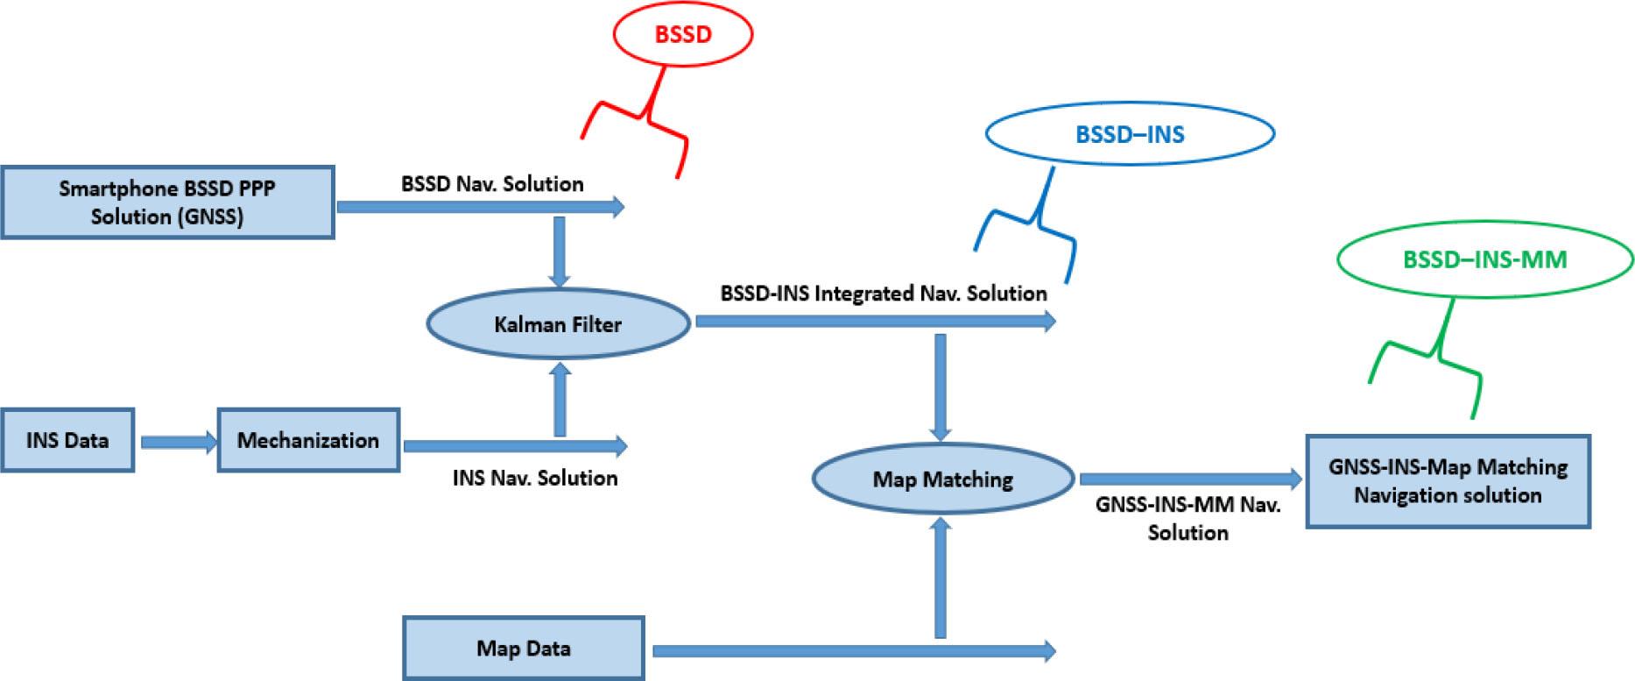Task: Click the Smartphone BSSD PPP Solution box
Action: tap(167, 202)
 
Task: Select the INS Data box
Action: tap(67, 440)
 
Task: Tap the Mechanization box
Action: tap(308, 440)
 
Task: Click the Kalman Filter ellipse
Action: tap(558, 324)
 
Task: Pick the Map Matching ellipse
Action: tap(942, 479)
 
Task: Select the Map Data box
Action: tap(523, 649)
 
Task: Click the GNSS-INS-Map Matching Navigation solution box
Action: tap(1448, 481)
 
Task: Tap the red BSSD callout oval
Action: tap(683, 34)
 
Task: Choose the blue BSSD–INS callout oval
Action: tap(1130, 134)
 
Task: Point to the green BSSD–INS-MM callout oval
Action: tap(1484, 259)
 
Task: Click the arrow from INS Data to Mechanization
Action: tap(178, 442)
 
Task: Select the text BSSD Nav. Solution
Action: tap(492, 184)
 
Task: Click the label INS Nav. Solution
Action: tap(535, 478)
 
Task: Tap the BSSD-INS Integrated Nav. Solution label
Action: tap(884, 293)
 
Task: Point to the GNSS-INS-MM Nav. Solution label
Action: tap(1188, 519)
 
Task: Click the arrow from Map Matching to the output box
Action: tap(1191, 479)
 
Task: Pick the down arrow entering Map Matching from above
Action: tap(941, 386)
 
